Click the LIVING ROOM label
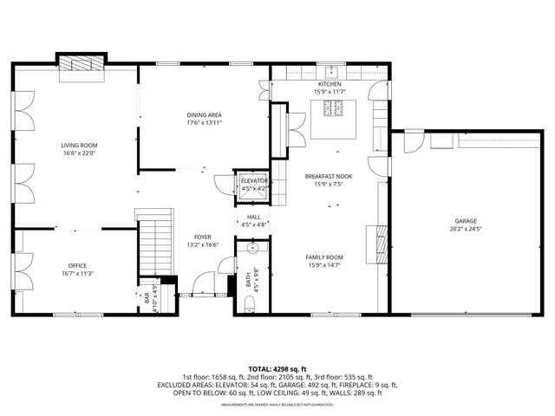tap(79, 145)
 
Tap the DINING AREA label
tap(204, 115)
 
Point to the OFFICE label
tap(78, 265)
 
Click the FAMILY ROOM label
tap(324, 257)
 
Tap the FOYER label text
tap(202, 237)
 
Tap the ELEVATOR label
tap(254, 180)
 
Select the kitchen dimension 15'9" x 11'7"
tap(330, 91)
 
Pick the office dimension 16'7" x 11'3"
tap(78, 274)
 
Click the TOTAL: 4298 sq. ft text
tap(277, 369)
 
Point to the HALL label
tap(254, 218)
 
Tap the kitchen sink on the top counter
tap(330, 70)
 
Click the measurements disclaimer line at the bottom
tap(277, 405)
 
